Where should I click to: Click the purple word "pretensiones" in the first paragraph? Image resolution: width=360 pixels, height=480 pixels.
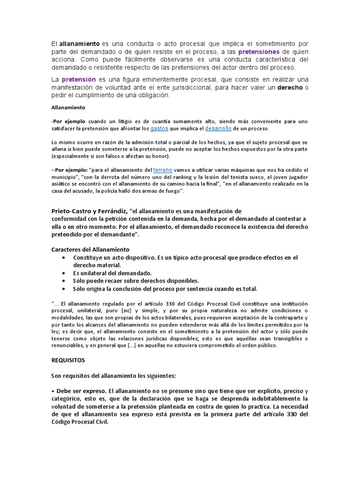[259, 52]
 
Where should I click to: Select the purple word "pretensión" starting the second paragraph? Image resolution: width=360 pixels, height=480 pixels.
[79, 79]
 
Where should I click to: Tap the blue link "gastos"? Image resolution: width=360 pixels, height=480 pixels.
[159, 128]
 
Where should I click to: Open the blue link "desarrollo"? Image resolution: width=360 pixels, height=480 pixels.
[218, 128]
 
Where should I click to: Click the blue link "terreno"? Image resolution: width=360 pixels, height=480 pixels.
[163, 169]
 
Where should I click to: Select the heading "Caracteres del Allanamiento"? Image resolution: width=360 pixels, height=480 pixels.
[90, 249]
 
